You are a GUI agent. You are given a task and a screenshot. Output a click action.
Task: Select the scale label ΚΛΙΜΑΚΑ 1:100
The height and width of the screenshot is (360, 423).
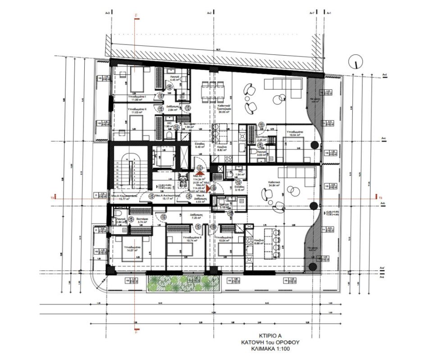[x=273, y=348]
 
